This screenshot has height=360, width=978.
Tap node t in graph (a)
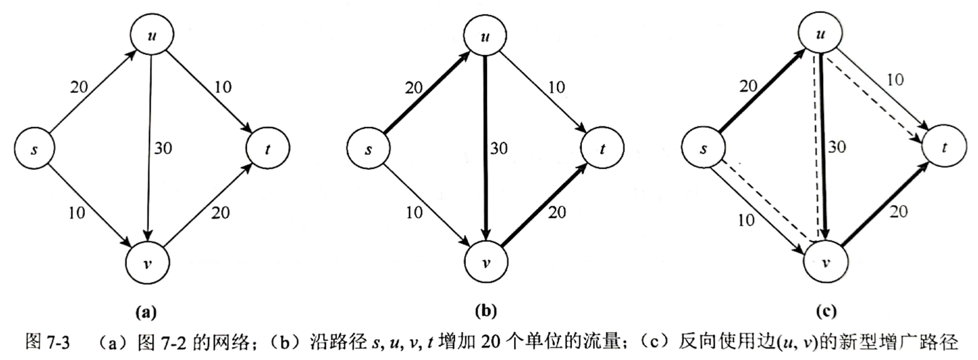268,148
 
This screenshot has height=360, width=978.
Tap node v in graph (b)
486,263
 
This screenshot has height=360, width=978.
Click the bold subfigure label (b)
486,313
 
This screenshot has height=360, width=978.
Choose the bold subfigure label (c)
823,313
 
